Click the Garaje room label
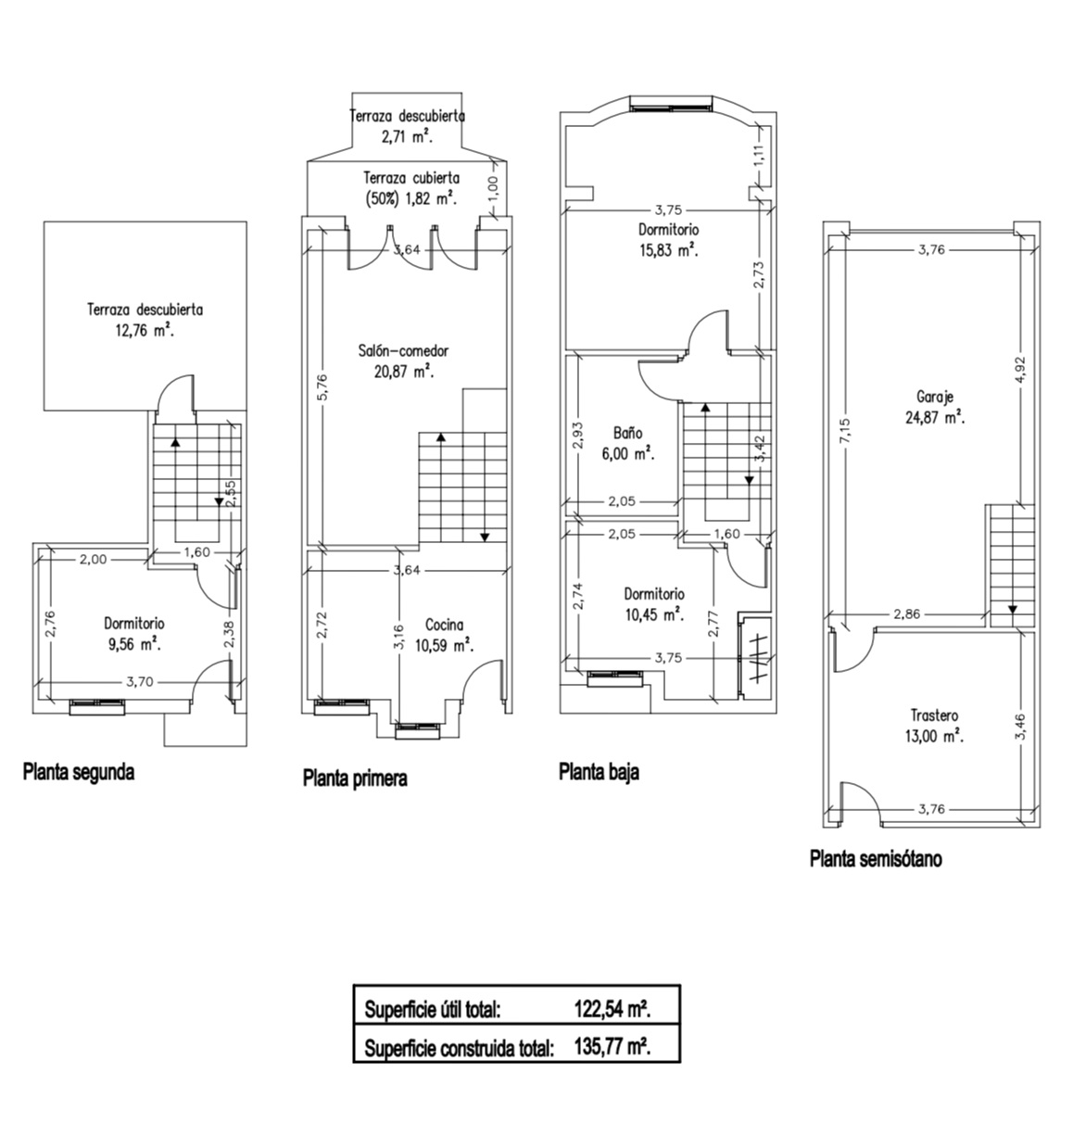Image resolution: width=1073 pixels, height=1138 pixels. coord(935,397)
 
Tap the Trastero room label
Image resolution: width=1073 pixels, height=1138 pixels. coord(934,715)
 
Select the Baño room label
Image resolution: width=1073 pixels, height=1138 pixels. coord(627,433)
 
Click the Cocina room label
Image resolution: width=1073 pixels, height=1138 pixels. coord(444,625)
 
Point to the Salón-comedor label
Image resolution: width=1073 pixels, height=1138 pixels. coord(403,350)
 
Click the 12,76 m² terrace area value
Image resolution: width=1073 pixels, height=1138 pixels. coord(145,331)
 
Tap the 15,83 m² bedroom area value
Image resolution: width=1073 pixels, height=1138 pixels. coord(669,250)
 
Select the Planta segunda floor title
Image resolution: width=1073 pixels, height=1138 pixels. coord(79,773)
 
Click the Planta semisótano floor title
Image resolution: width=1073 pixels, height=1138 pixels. coord(876,859)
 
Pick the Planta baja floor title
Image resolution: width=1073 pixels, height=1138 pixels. coord(599,773)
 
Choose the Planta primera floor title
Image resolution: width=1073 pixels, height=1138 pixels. coord(356,778)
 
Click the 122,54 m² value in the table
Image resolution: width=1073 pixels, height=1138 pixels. coord(612,1009)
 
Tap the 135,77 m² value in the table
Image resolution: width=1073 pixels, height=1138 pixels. coord(612,1048)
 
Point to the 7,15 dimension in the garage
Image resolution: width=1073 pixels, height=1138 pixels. coord(845,431)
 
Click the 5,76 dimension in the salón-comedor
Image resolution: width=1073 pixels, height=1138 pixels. coord(322,387)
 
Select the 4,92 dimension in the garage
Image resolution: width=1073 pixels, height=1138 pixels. coord(1019,370)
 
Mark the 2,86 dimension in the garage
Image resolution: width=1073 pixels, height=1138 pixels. coord(907,614)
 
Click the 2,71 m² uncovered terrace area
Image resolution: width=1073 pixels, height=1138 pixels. coord(407,137)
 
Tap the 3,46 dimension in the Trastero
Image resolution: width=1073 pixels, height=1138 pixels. coord(1019,727)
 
